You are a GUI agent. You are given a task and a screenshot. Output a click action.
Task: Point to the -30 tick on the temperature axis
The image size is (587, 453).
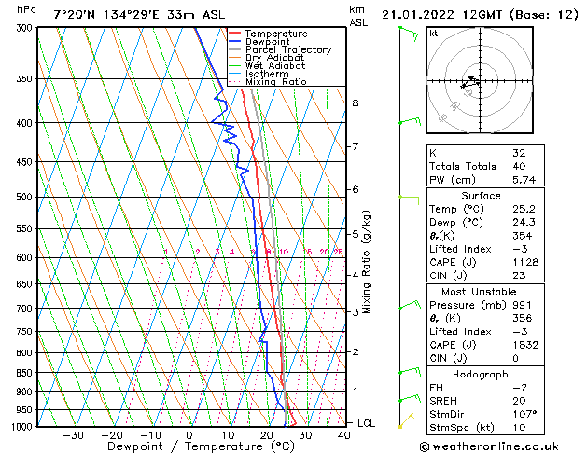73,434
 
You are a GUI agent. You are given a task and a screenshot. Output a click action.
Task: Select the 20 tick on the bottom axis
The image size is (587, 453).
267,434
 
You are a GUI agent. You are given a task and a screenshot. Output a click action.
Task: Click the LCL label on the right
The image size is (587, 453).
367,423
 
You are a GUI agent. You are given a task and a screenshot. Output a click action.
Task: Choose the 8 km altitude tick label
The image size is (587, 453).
356,103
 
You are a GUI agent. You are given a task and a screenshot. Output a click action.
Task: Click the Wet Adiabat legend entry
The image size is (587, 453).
275,66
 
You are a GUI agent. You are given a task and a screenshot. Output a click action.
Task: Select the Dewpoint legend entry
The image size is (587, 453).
268,42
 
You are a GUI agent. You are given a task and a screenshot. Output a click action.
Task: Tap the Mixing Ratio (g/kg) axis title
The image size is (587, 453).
368,262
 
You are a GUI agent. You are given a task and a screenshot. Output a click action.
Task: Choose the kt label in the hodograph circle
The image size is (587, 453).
434,34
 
